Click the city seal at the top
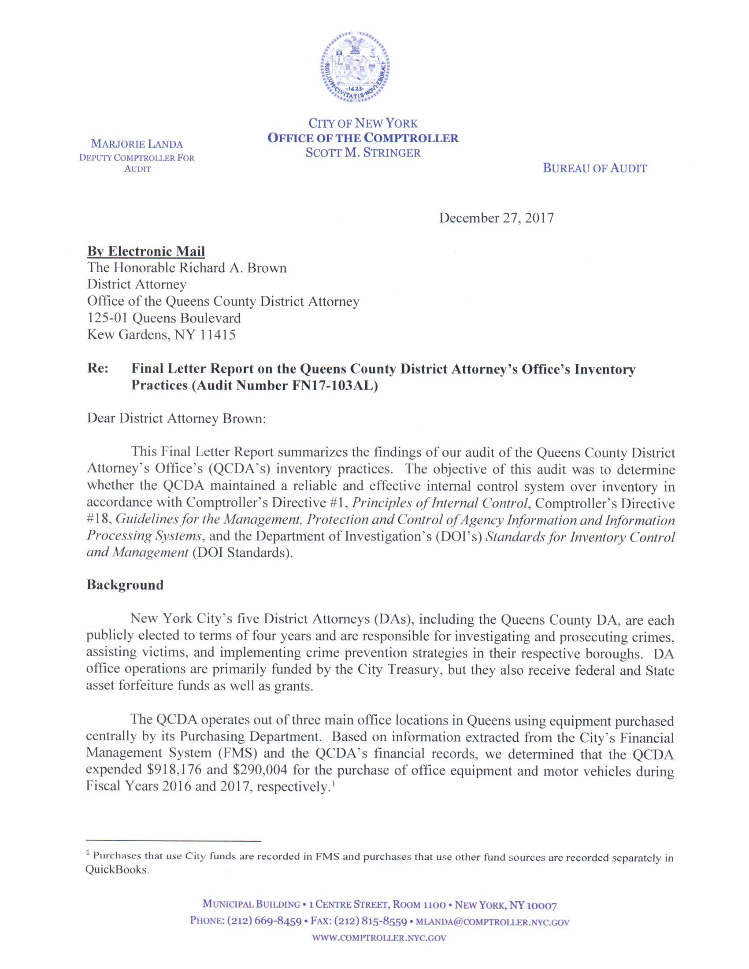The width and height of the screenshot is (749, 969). click(x=356, y=68)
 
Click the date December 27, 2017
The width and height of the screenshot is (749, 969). click(x=496, y=218)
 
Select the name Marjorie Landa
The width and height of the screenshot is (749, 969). click(x=137, y=144)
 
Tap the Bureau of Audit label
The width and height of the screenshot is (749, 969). click(x=595, y=168)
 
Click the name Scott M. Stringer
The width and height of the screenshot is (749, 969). click(x=363, y=153)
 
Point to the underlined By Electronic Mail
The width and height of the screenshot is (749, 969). click(x=146, y=251)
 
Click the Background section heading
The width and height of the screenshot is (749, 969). click(x=125, y=585)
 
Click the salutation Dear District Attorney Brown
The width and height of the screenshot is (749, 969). click(x=176, y=418)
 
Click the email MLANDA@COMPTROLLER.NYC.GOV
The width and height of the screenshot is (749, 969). click(x=492, y=922)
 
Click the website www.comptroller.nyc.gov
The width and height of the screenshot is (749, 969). click(x=379, y=938)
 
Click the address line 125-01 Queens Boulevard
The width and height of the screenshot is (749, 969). click(x=164, y=318)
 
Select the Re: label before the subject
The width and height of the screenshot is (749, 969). click(x=98, y=369)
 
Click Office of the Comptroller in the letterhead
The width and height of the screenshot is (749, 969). click(x=363, y=138)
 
